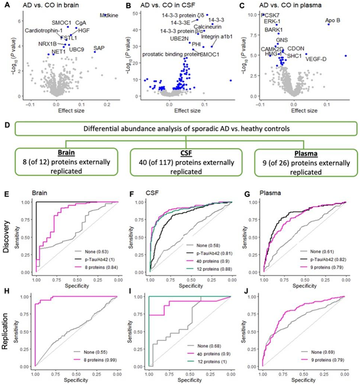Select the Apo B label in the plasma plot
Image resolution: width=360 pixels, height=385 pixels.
coord(333,21)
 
